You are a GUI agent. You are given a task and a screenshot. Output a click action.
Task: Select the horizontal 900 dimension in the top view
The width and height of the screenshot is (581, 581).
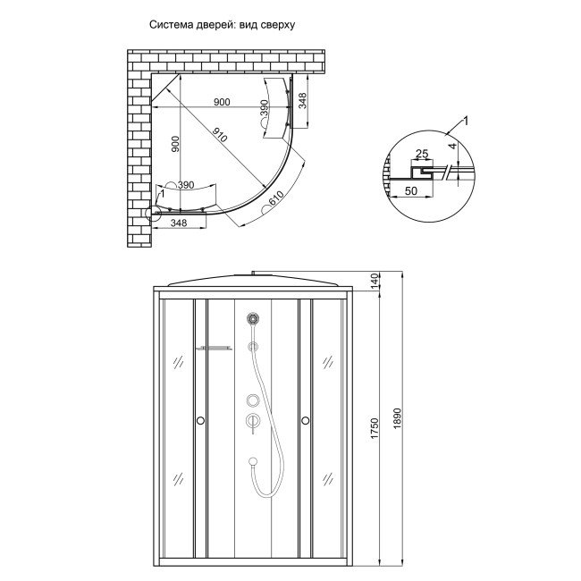(222, 102)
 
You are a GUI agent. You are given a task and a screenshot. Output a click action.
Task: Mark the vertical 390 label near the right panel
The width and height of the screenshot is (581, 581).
(264, 108)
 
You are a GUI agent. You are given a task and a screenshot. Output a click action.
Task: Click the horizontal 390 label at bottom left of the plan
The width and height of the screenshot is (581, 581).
(185, 184)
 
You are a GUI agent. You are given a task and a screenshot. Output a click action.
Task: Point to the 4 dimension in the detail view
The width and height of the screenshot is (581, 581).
(453, 147)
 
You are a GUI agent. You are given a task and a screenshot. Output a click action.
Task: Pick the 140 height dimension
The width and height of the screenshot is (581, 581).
(375, 282)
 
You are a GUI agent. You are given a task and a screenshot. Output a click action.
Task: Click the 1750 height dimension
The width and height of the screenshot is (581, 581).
(375, 430)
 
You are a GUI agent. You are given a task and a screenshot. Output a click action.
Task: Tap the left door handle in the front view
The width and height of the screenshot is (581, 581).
(200, 419)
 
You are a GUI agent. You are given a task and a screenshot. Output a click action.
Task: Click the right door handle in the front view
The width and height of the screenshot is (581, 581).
(305, 419)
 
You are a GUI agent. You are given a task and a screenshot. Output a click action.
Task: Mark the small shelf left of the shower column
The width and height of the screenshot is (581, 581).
(215, 347)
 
